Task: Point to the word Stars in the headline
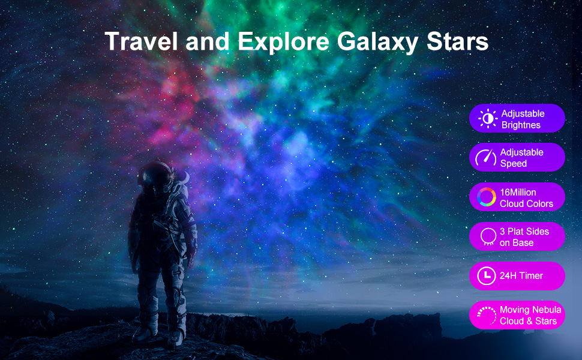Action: coord(461,41)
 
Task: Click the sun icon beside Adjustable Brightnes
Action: coord(488,119)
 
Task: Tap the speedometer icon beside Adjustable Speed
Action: coord(486,158)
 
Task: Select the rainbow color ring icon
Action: coord(487,197)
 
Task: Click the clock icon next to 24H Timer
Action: coord(486,276)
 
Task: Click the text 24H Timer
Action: coord(521,276)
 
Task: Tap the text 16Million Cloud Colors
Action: coord(526,198)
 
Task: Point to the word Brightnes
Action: coord(521,125)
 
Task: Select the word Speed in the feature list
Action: coord(514,164)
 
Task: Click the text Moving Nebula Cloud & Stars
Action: coord(530,316)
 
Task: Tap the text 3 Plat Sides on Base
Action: coord(524,237)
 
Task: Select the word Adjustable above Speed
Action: coord(522,152)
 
